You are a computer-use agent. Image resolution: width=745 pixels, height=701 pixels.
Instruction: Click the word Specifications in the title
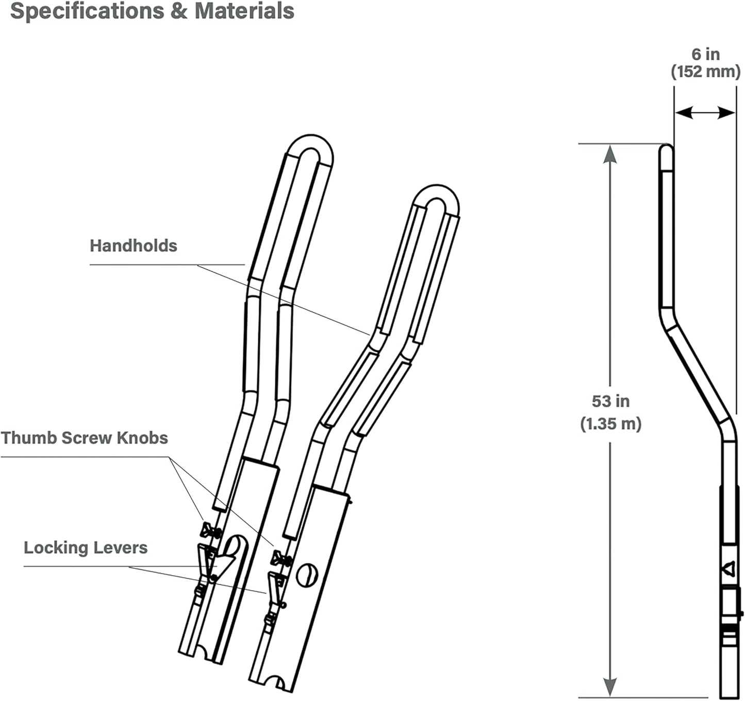point(87,12)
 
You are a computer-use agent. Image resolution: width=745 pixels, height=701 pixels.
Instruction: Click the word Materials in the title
point(244,11)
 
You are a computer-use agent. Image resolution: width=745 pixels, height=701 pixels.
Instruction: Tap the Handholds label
point(133,246)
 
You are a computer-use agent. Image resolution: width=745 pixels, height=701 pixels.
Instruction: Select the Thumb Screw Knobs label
point(85,438)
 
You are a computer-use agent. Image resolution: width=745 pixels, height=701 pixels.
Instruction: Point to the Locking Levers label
point(86,548)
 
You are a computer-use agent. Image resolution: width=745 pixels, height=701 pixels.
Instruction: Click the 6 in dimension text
point(706,55)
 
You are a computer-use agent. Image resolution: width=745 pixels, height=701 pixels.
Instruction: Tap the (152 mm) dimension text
point(706,71)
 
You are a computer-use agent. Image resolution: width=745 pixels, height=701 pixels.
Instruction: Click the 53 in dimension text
point(611,401)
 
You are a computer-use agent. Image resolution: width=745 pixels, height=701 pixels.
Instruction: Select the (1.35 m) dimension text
point(611,424)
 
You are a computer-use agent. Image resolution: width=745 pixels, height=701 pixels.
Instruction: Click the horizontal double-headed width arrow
point(705,112)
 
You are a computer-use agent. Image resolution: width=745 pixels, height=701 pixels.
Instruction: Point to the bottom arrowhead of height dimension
point(610,687)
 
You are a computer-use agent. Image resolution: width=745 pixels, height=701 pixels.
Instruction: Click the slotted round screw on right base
point(307,575)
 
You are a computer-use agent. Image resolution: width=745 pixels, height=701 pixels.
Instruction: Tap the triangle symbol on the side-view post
point(728,568)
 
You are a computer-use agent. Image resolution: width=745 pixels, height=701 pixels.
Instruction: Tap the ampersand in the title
point(179,12)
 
